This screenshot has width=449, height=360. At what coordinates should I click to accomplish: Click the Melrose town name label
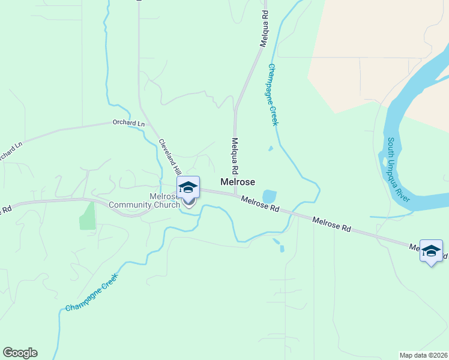click(238, 181)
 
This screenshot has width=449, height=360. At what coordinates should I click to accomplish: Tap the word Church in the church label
click(166, 205)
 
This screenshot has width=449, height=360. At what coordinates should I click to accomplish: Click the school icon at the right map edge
click(431, 251)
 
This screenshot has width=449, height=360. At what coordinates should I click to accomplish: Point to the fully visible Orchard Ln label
click(128, 123)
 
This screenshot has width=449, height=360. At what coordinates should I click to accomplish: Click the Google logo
click(20, 353)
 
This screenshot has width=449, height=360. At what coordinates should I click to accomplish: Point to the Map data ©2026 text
click(423, 355)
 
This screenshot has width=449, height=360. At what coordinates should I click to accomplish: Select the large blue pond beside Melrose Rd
click(270, 196)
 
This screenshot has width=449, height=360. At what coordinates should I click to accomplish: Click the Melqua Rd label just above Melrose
click(235, 154)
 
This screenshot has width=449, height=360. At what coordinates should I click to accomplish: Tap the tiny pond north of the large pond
click(271, 148)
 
